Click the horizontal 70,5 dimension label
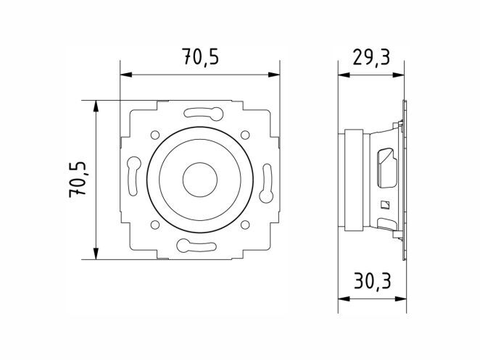point(201,56)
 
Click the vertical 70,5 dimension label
point(78,180)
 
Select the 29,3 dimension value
point(371,57)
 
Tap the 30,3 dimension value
point(373,281)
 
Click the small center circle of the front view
point(200,180)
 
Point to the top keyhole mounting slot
point(204,113)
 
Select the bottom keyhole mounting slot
point(196,246)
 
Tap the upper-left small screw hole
point(155,134)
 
